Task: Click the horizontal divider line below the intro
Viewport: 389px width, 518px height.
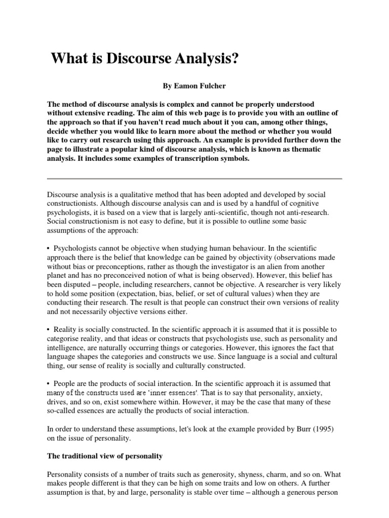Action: point(194,179)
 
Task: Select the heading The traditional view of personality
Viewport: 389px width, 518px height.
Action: point(104,456)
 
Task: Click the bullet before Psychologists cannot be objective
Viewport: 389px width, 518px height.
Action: point(49,248)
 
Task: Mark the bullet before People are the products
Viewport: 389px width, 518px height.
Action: point(49,383)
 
